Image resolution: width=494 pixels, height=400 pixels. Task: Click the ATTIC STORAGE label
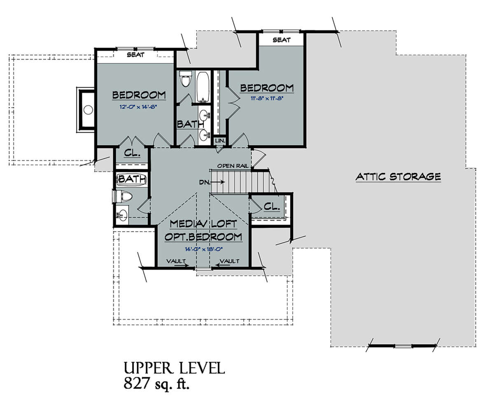click(398, 177)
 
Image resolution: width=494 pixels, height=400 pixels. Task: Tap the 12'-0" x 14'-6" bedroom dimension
click(138, 107)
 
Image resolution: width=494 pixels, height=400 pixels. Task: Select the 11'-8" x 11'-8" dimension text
click(267, 98)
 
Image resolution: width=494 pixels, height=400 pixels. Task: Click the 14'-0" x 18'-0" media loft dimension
click(204, 249)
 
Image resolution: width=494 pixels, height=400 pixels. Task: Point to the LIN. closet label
click(220, 140)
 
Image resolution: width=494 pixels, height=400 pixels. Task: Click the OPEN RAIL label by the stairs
click(233, 166)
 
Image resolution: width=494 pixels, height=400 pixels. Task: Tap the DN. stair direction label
click(204, 182)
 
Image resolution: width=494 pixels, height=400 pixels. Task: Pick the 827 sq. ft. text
click(156, 383)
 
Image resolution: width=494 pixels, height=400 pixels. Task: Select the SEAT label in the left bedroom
click(135, 55)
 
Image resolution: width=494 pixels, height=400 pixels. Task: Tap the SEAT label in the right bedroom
click(282, 40)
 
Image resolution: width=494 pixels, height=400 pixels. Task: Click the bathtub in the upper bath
click(203, 87)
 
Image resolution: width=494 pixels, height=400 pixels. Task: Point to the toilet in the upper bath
click(186, 78)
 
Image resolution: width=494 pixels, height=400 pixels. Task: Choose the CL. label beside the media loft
click(272, 206)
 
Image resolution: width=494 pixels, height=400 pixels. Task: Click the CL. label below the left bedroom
click(132, 153)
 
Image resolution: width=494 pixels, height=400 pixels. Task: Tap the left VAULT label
click(176, 261)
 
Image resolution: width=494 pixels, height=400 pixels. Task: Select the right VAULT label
click(229, 261)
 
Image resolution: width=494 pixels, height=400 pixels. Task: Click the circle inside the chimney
click(88, 110)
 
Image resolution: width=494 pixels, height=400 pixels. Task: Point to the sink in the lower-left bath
click(122, 215)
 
